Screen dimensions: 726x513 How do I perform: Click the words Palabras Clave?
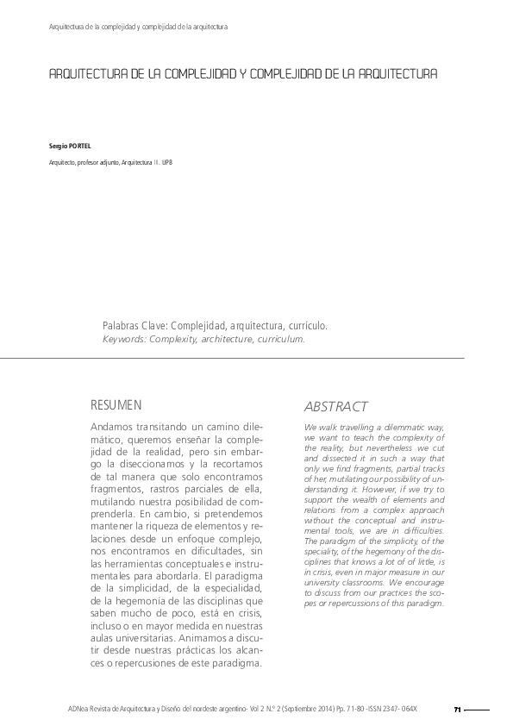click(x=134, y=327)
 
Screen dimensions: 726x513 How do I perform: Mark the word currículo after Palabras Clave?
click(x=303, y=327)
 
